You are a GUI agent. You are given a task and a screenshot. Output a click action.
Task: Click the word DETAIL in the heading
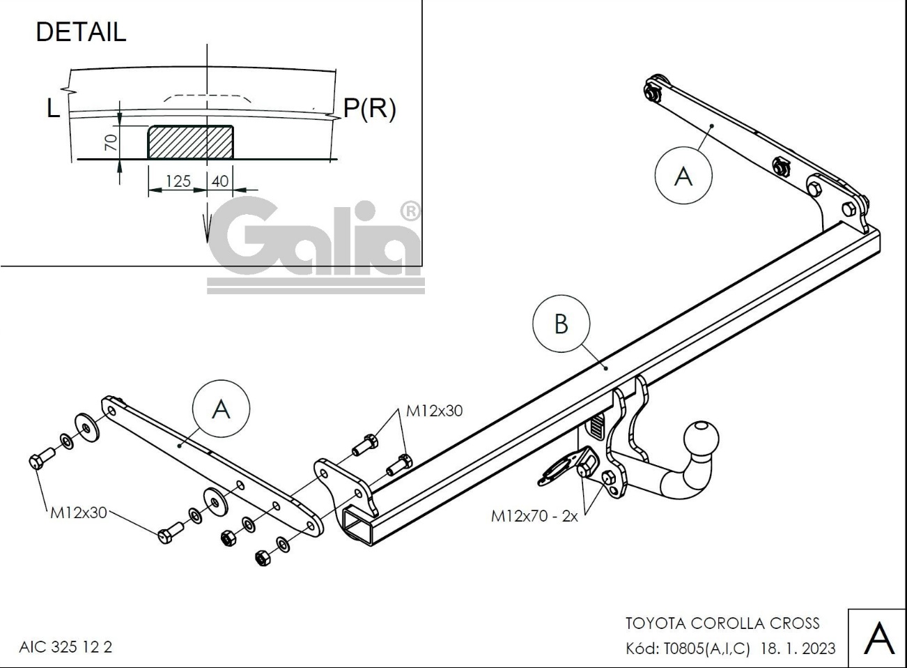[x=81, y=32]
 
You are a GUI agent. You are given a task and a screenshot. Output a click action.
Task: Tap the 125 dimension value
[x=178, y=181]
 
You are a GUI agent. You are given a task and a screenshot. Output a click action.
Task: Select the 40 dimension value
[x=220, y=181]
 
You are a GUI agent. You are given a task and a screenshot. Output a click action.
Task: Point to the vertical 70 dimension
[x=111, y=142]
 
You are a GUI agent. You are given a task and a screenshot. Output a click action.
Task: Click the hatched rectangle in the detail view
[x=190, y=142]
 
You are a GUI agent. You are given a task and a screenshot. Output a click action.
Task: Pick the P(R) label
[x=369, y=109]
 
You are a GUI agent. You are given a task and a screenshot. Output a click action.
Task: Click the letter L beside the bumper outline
[x=53, y=109]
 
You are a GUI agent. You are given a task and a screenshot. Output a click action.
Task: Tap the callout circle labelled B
[x=561, y=324]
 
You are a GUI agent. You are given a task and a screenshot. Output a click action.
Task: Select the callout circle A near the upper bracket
[x=683, y=175]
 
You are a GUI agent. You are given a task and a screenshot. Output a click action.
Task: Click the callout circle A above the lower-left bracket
[x=221, y=408]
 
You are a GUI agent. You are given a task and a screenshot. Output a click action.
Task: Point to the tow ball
[x=701, y=439]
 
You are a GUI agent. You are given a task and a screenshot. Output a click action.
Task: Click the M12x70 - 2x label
[x=534, y=517]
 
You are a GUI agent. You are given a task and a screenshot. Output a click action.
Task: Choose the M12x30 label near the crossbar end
[x=434, y=411]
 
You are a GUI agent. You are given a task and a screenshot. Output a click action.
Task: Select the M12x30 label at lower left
[x=79, y=513]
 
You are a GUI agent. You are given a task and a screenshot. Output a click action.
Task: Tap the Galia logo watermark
[x=316, y=245]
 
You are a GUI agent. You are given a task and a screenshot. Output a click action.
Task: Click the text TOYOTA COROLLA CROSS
[x=723, y=623]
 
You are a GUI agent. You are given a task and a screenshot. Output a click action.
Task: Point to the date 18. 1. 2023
[x=798, y=648]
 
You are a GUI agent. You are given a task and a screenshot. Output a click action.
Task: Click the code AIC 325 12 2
[x=65, y=647]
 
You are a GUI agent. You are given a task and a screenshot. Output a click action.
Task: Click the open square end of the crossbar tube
[x=357, y=525]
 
